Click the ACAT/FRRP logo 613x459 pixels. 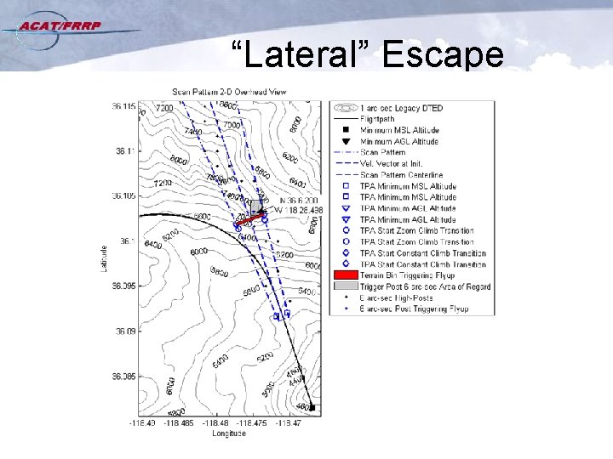pos(63,26)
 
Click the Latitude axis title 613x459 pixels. pos(104,260)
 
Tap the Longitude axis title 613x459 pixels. pos(228,433)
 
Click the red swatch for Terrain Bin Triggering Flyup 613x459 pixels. pos(345,275)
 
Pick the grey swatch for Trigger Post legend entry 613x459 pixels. pos(345,287)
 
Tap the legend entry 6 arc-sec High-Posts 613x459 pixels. pos(396,297)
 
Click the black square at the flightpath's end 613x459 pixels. pos(312,408)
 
